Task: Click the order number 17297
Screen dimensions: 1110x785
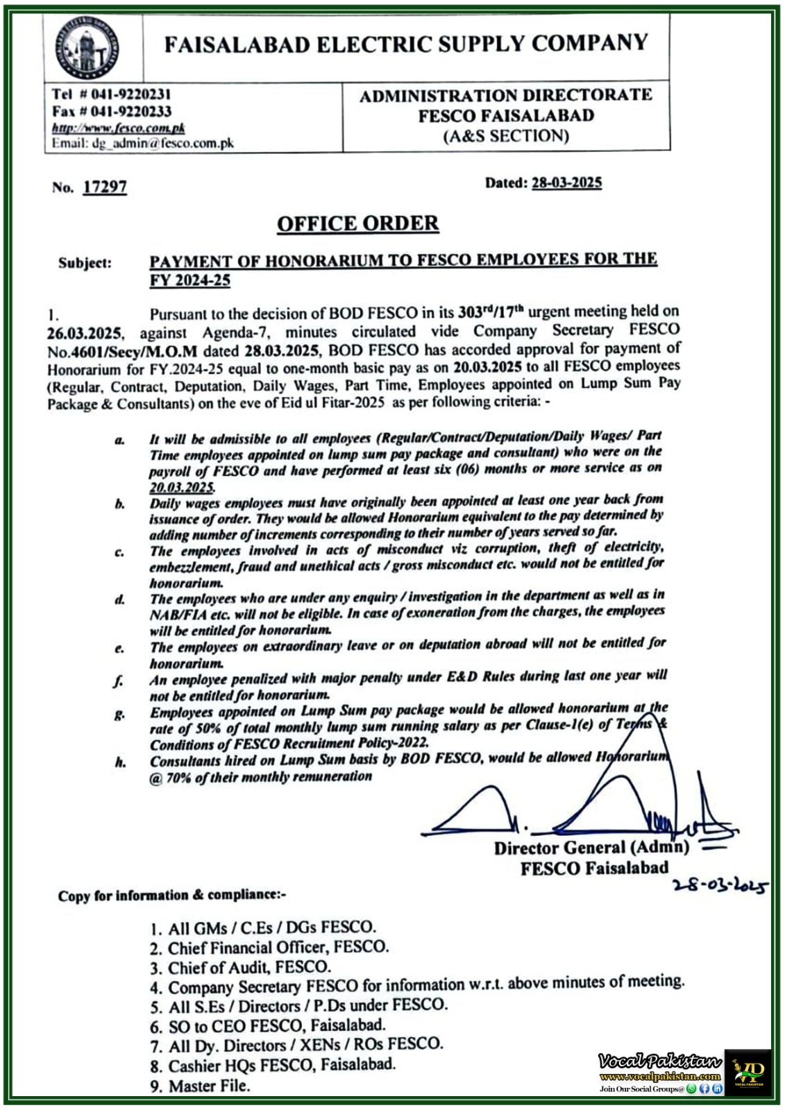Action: point(104,187)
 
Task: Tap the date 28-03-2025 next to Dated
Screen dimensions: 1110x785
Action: point(566,182)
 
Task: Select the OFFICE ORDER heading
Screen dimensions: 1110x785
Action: point(357,223)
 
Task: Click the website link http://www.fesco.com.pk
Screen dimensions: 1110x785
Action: point(119,128)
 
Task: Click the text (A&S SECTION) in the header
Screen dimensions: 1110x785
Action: point(506,136)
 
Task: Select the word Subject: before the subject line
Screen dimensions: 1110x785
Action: point(85,263)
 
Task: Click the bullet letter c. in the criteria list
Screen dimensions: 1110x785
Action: point(120,552)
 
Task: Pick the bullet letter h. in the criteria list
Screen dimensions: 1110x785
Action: point(121,762)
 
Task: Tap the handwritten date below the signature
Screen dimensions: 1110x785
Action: point(720,886)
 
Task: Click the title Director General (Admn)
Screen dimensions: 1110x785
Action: point(591,847)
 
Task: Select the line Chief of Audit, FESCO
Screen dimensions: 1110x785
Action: point(248,966)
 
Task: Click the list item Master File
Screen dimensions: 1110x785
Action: point(208,1086)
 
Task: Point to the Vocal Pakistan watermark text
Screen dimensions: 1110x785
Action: point(659,1061)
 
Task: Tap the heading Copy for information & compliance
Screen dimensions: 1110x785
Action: point(172,896)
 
